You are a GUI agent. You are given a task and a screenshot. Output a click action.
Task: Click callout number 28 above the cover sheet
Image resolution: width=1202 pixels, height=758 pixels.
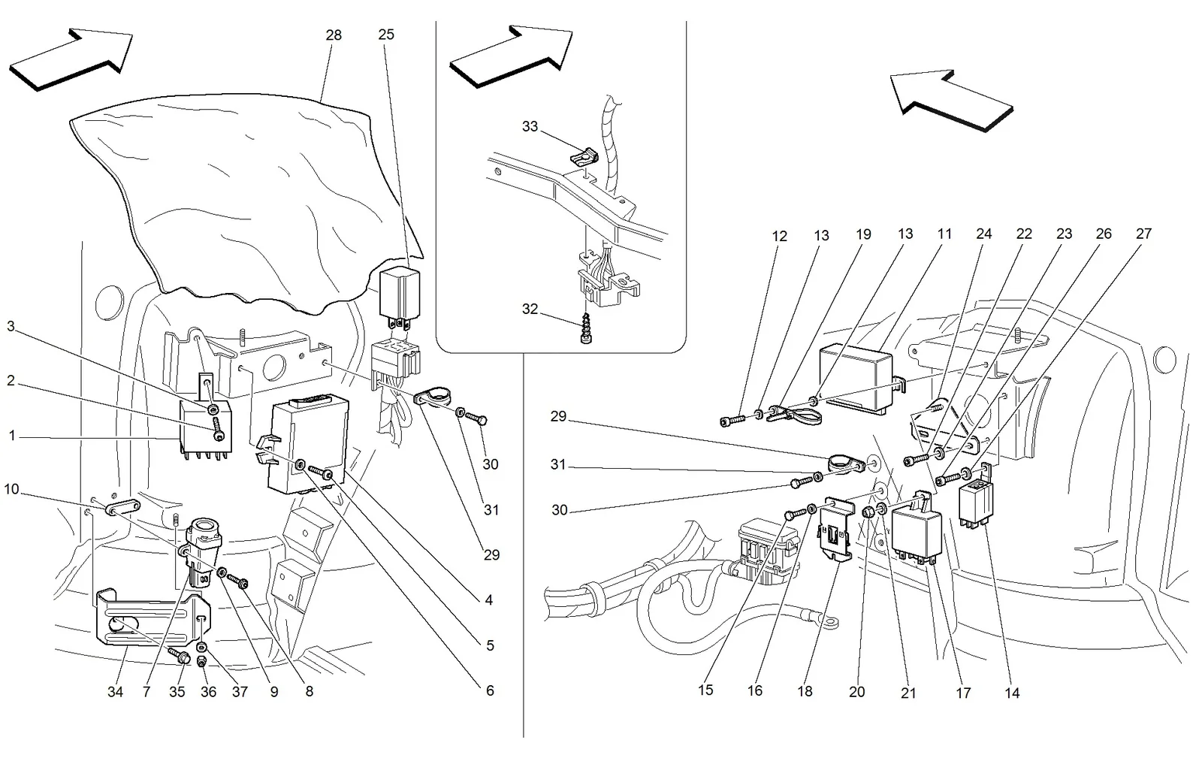coord(334,35)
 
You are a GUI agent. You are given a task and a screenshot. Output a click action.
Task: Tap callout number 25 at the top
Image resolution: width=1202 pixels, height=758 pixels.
coord(386,35)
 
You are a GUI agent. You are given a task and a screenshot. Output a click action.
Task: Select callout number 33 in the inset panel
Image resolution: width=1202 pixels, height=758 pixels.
coord(530,127)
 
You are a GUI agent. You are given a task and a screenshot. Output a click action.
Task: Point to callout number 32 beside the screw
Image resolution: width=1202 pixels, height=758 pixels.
coord(530,309)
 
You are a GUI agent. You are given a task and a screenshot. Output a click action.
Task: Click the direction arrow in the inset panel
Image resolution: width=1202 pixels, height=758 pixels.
coord(511,56)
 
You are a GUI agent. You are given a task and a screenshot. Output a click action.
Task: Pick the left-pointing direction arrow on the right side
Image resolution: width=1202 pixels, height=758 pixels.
coord(951,101)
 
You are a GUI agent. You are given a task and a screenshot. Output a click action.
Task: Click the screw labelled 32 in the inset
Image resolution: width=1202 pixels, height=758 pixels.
coord(587,328)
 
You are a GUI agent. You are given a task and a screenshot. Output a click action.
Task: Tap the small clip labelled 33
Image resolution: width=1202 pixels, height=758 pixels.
coord(584,156)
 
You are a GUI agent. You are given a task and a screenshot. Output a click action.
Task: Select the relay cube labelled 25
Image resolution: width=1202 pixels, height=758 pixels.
coord(399,294)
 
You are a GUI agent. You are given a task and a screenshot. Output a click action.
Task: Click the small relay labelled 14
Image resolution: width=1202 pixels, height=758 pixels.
coord(976,504)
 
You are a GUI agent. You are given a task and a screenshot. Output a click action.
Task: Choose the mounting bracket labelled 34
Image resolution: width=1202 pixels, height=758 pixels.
coord(153,617)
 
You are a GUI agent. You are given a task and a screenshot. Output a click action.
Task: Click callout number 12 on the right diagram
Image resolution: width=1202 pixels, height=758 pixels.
coord(779,237)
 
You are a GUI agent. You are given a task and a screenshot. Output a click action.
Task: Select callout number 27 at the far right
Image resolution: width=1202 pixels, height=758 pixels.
coord(1143,234)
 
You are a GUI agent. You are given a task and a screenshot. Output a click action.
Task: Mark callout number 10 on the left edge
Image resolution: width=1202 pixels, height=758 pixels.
coord(11,489)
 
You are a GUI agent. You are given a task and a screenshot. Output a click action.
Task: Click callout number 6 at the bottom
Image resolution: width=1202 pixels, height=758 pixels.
coord(489,690)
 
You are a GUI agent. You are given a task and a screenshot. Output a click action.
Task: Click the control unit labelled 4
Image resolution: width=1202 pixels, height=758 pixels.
coord(307,444)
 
